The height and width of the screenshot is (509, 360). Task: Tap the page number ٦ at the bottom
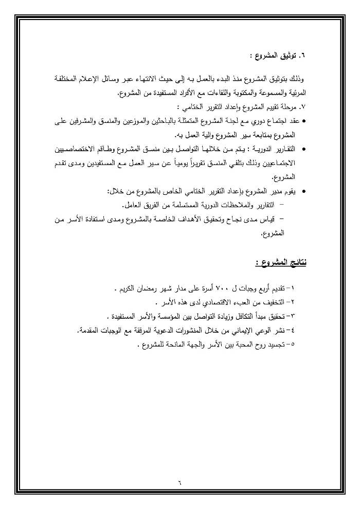tap(181, 482)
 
